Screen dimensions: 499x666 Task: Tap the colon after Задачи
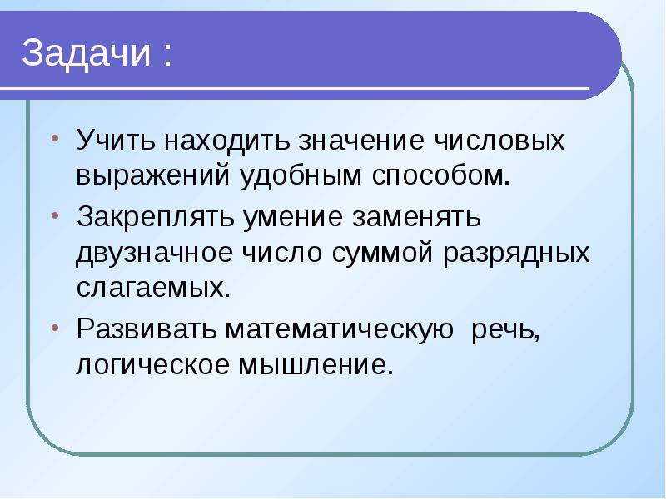click(x=169, y=57)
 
